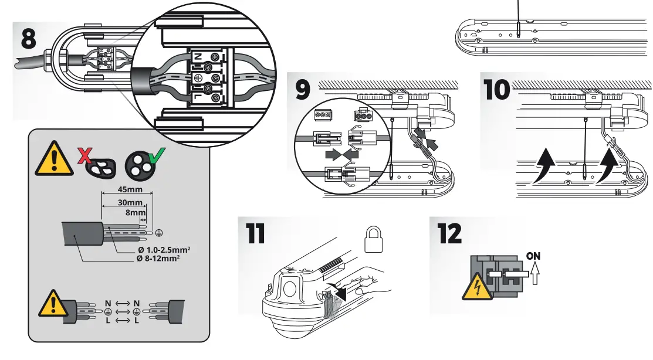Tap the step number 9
(x=304, y=90)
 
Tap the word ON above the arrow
(x=534, y=256)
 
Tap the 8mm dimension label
(x=137, y=213)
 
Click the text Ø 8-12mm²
(x=157, y=258)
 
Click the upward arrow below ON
(x=534, y=273)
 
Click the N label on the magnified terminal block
(x=198, y=56)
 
